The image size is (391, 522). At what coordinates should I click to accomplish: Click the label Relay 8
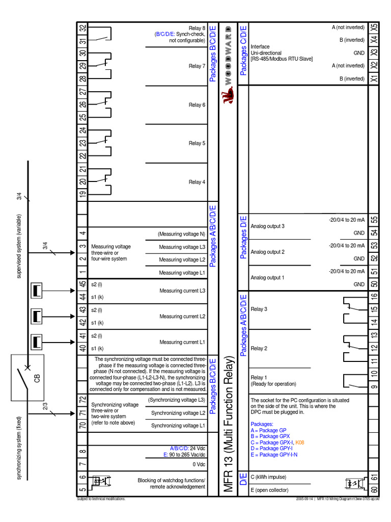click(197, 28)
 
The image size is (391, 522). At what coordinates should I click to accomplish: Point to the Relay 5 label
click(197, 143)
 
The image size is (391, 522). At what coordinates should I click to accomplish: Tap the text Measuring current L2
click(182, 317)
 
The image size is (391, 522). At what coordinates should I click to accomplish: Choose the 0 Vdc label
click(199, 464)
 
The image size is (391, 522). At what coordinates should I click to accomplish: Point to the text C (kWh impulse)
click(268, 477)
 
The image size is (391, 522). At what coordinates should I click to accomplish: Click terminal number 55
click(374, 220)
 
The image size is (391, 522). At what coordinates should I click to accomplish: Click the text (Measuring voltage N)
click(182, 234)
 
